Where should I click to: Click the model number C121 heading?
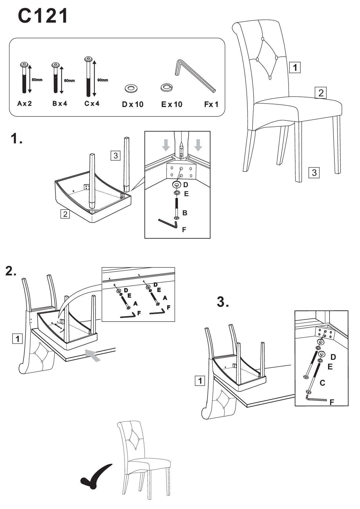[43, 16]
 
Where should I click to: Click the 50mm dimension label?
[37, 80]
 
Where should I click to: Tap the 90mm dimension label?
[102, 80]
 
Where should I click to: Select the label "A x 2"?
[24, 104]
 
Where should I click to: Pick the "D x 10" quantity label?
[133, 104]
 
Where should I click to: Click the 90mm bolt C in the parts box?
[88, 77]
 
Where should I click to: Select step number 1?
[16, 139]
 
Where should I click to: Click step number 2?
[11, 271]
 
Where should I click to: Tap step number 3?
[223, 302]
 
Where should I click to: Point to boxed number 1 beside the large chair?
[295, 68]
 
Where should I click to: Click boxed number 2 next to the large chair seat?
[321, 93]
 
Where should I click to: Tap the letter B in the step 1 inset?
[185, 213]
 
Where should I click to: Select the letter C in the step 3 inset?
[322, 383]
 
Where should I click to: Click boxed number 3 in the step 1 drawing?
[116, 156]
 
